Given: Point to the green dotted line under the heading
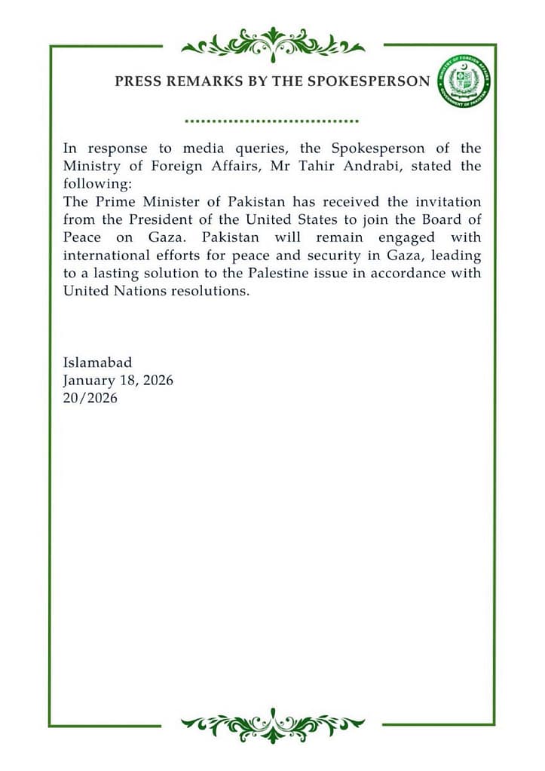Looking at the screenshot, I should tap(271, 121).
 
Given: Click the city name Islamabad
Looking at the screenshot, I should tap(97, 363).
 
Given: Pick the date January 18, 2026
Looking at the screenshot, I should tap(118, 381).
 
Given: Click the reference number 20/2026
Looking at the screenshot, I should tap(90, 399).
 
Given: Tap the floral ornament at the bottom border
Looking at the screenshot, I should tap(272, 725).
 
